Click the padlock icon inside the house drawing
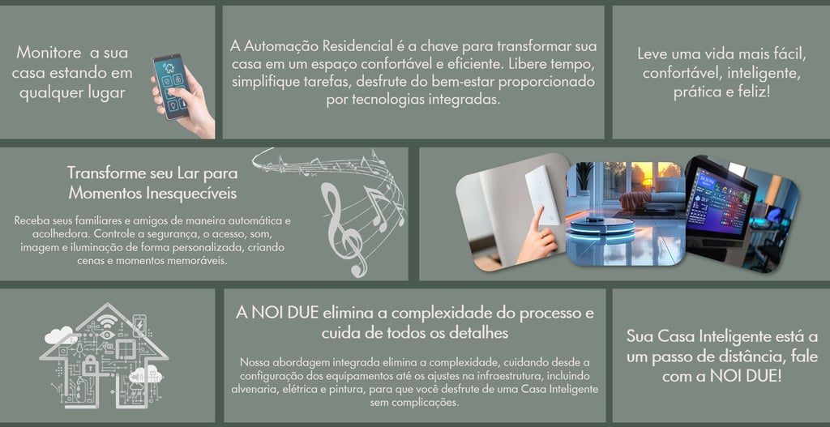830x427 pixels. pos(91,365)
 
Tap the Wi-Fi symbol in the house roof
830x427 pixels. pos(109,322)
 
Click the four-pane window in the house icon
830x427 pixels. pos(126,348)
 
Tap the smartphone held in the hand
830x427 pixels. pos(170,86)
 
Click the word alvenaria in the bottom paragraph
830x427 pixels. pos(251,390)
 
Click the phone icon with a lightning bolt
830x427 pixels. pos(139,324)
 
